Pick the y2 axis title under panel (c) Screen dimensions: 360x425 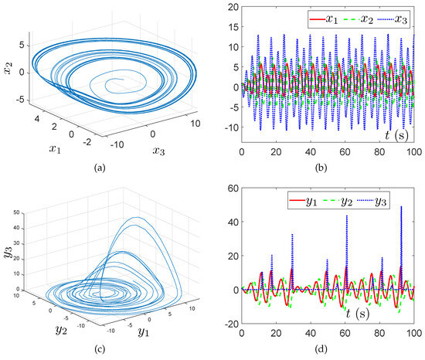(55, 331)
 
